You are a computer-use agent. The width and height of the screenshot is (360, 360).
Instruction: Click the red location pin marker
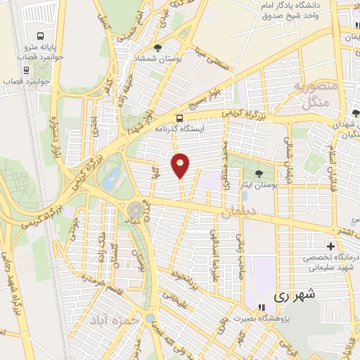click(x=181, y=165)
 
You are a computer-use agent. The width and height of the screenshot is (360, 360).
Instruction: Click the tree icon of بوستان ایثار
click(x=260, y=173)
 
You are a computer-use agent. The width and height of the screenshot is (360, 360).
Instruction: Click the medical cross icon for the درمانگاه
click(x=330, y=245)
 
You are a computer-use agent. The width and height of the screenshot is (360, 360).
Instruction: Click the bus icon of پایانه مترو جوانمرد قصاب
click(x=40, y=35)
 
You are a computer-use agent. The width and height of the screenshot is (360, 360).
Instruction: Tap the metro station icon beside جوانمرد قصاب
click(x=26, y=69)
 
